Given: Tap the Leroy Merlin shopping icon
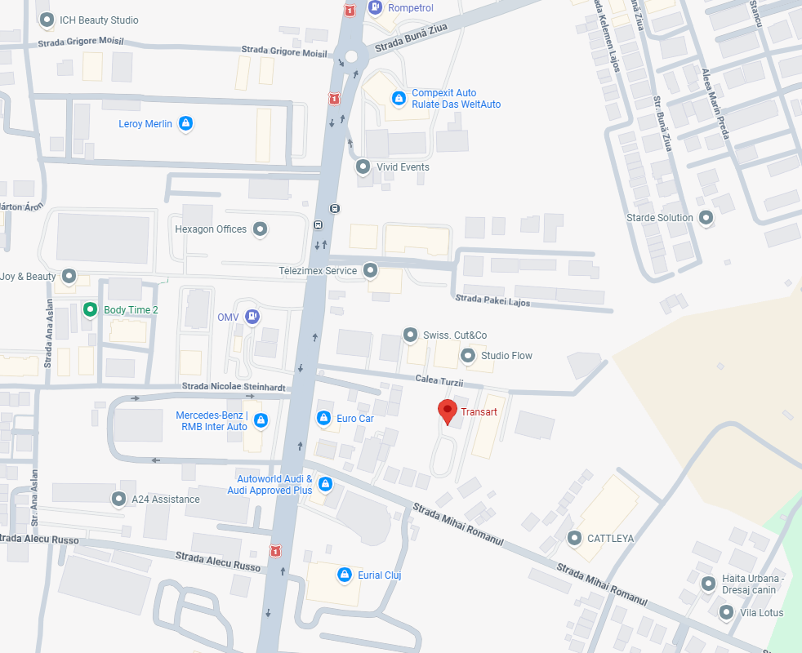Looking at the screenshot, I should click(186, 124).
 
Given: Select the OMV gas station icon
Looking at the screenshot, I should click(252, 316).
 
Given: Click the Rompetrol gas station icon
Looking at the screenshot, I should click(375, 8).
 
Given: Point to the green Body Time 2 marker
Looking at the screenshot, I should click(90, 310).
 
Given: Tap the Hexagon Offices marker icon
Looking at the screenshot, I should click(261, 229).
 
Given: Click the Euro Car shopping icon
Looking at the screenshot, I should click(324, 419).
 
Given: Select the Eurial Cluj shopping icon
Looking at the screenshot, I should click(345, 575).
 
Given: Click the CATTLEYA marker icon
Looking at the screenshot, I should click(574, 539).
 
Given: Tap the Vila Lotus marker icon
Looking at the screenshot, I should click(725, 613).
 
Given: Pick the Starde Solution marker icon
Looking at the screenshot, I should click(706, 218).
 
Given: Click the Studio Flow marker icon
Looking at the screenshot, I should click(468, 356).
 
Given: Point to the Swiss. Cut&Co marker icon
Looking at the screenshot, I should click(410, 335).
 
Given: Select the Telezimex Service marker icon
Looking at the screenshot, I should click(371, 270).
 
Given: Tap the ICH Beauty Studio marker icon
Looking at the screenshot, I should click(47, 20).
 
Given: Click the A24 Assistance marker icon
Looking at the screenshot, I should click(118, 499).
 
